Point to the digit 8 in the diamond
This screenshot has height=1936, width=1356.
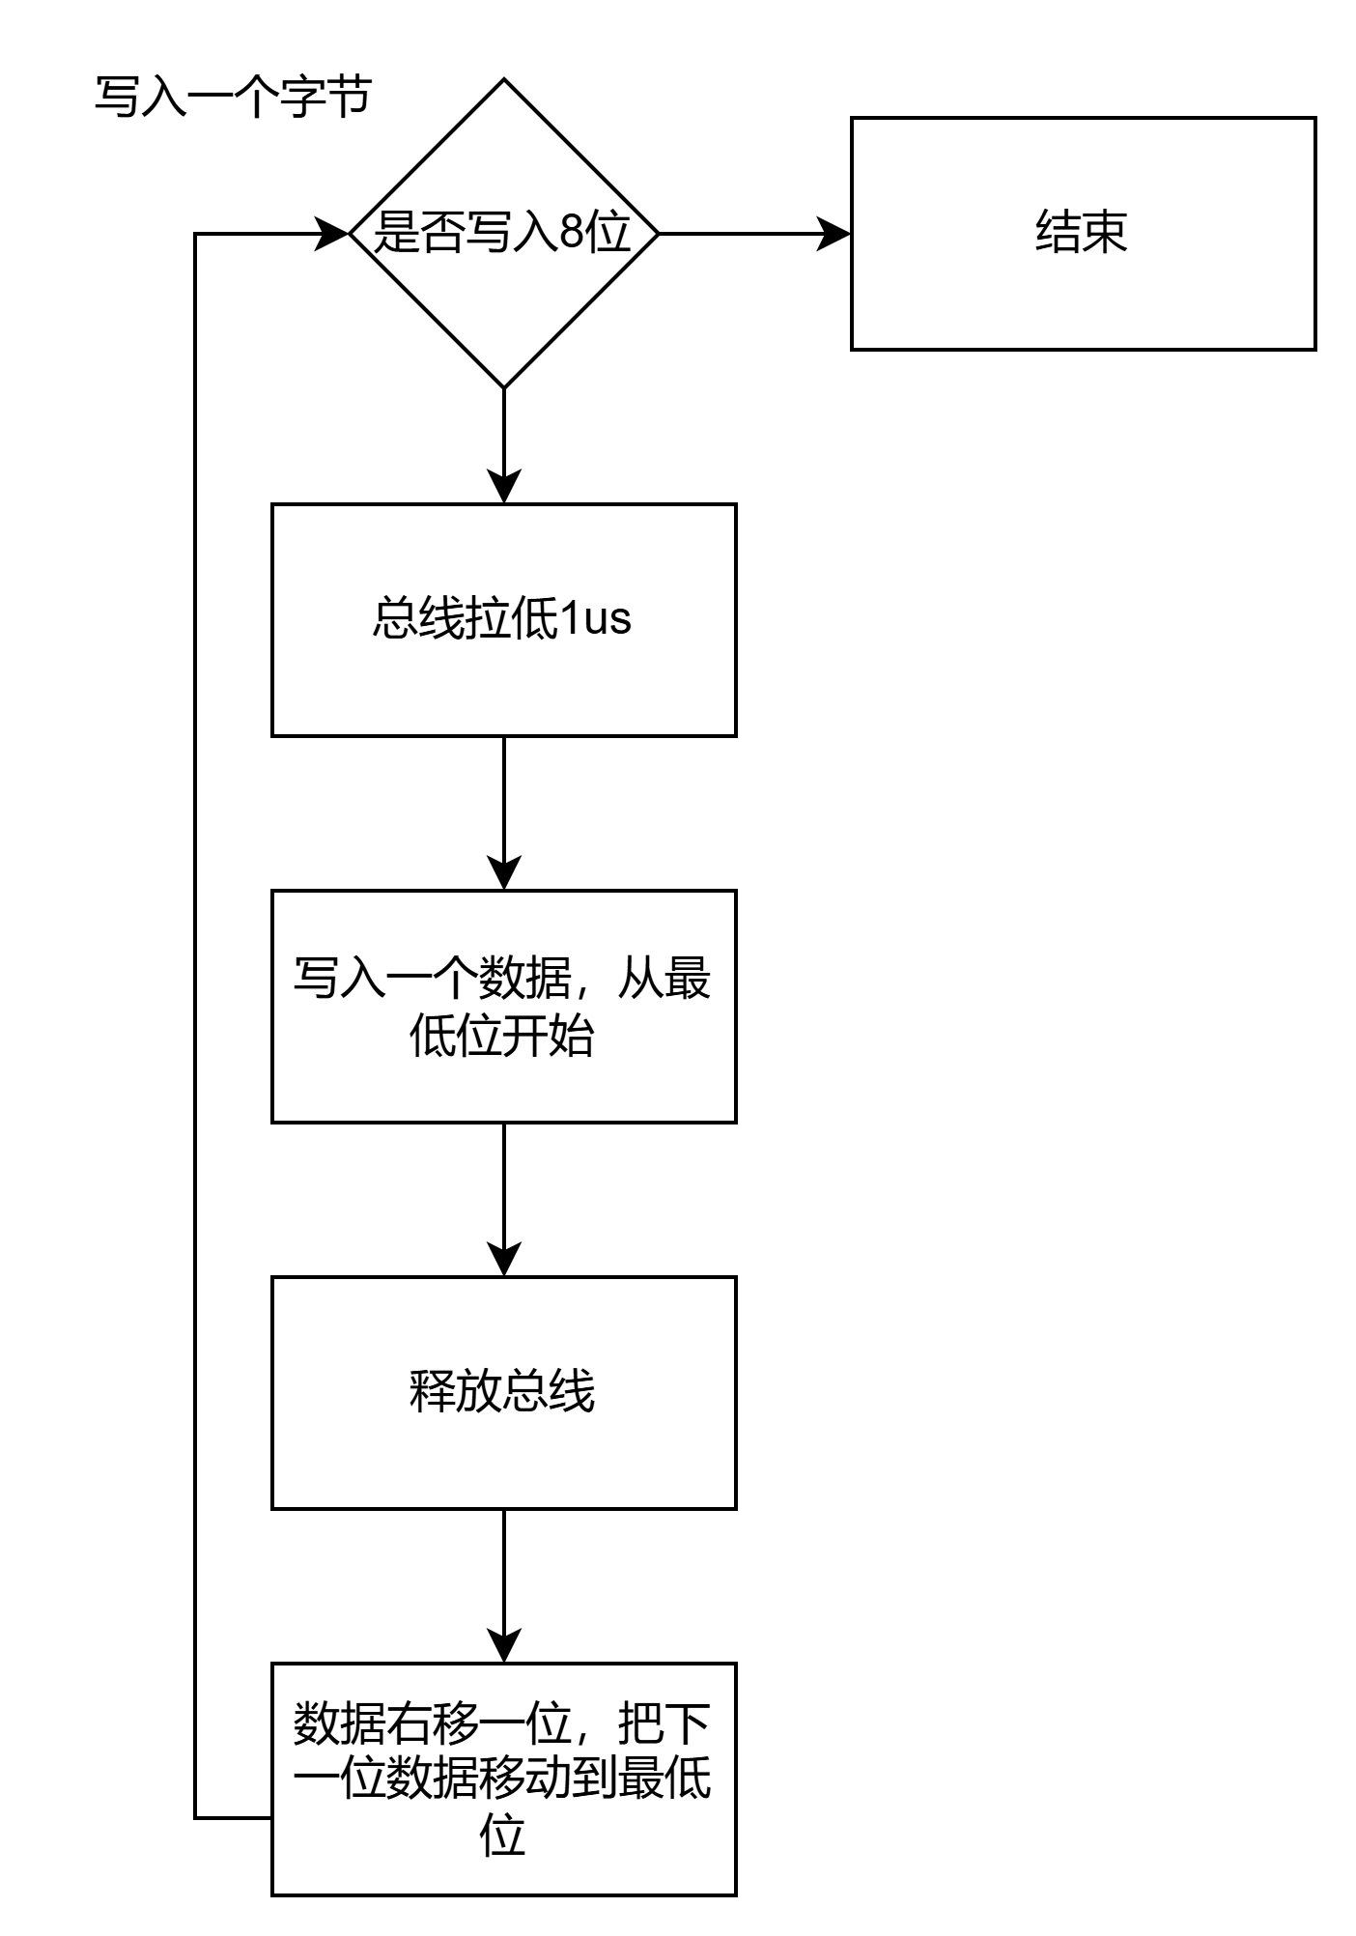click(x=573, y=233)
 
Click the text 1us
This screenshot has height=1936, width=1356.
click(x=596, y=619)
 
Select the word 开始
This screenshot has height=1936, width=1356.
click(x=549, y=1038)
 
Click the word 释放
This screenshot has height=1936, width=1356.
click(x=456, y=1392)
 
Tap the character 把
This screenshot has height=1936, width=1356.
click(x=641, y=1723)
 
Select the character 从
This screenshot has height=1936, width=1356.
click(x=641, y=980)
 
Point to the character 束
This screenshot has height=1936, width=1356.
click(x=1105, y=233)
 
